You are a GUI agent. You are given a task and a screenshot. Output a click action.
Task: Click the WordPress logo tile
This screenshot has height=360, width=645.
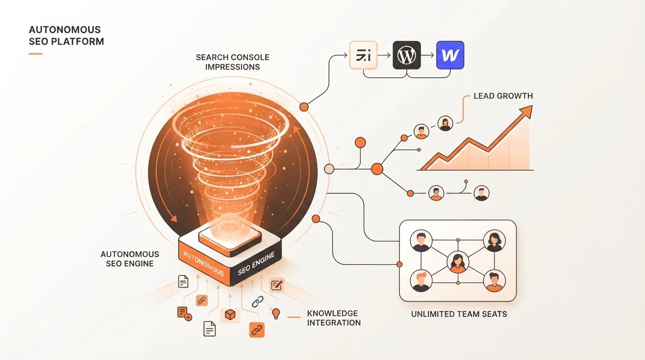(x=406, y=55)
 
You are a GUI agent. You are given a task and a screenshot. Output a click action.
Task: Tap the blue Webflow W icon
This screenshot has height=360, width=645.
(x=450, y=55)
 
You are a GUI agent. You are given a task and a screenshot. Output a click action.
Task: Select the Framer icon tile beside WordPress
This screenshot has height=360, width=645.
(x=363, y=55)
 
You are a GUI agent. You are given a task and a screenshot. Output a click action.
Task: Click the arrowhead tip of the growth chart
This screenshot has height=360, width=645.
(x=532, y=105)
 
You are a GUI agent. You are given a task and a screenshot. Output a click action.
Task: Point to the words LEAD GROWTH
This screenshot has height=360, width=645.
(x=503, y=96)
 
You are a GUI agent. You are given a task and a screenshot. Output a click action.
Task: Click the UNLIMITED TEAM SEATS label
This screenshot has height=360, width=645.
(x=459, y=314)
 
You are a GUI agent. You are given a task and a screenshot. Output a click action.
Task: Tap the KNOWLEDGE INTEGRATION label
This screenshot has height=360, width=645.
(x=334, y=318)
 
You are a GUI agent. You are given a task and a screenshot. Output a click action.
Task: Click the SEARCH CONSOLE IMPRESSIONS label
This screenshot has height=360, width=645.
(x=232, y=62)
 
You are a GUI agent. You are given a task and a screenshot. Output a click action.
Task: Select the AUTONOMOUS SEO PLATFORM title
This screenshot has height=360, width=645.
(x=66, y=36)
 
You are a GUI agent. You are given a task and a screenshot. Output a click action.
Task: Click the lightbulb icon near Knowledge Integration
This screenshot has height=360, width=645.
(x=276, y=313)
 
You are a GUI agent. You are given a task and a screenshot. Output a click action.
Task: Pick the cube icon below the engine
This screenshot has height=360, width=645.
(x=230, y=315)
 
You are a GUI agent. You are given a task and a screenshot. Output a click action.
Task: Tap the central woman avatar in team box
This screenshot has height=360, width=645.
(x=458, y=262)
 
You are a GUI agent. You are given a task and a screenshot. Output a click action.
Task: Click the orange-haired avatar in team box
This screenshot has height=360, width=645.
(x=421, y=281)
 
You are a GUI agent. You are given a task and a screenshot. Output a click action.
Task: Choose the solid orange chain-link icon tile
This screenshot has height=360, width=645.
(x=256, y=330)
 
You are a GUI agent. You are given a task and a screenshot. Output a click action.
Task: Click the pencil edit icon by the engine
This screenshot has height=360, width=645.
(x=277, y=285)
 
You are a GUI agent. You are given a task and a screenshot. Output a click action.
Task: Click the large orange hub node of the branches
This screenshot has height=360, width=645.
(x=377, y=169)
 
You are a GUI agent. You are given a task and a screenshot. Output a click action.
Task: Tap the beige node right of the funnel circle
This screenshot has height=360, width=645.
(x=329, y=169)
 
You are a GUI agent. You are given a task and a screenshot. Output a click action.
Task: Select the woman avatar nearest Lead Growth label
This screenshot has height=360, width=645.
(x=445, y=124)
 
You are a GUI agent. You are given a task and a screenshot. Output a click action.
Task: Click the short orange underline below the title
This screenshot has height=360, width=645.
(x=36, y=53)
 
